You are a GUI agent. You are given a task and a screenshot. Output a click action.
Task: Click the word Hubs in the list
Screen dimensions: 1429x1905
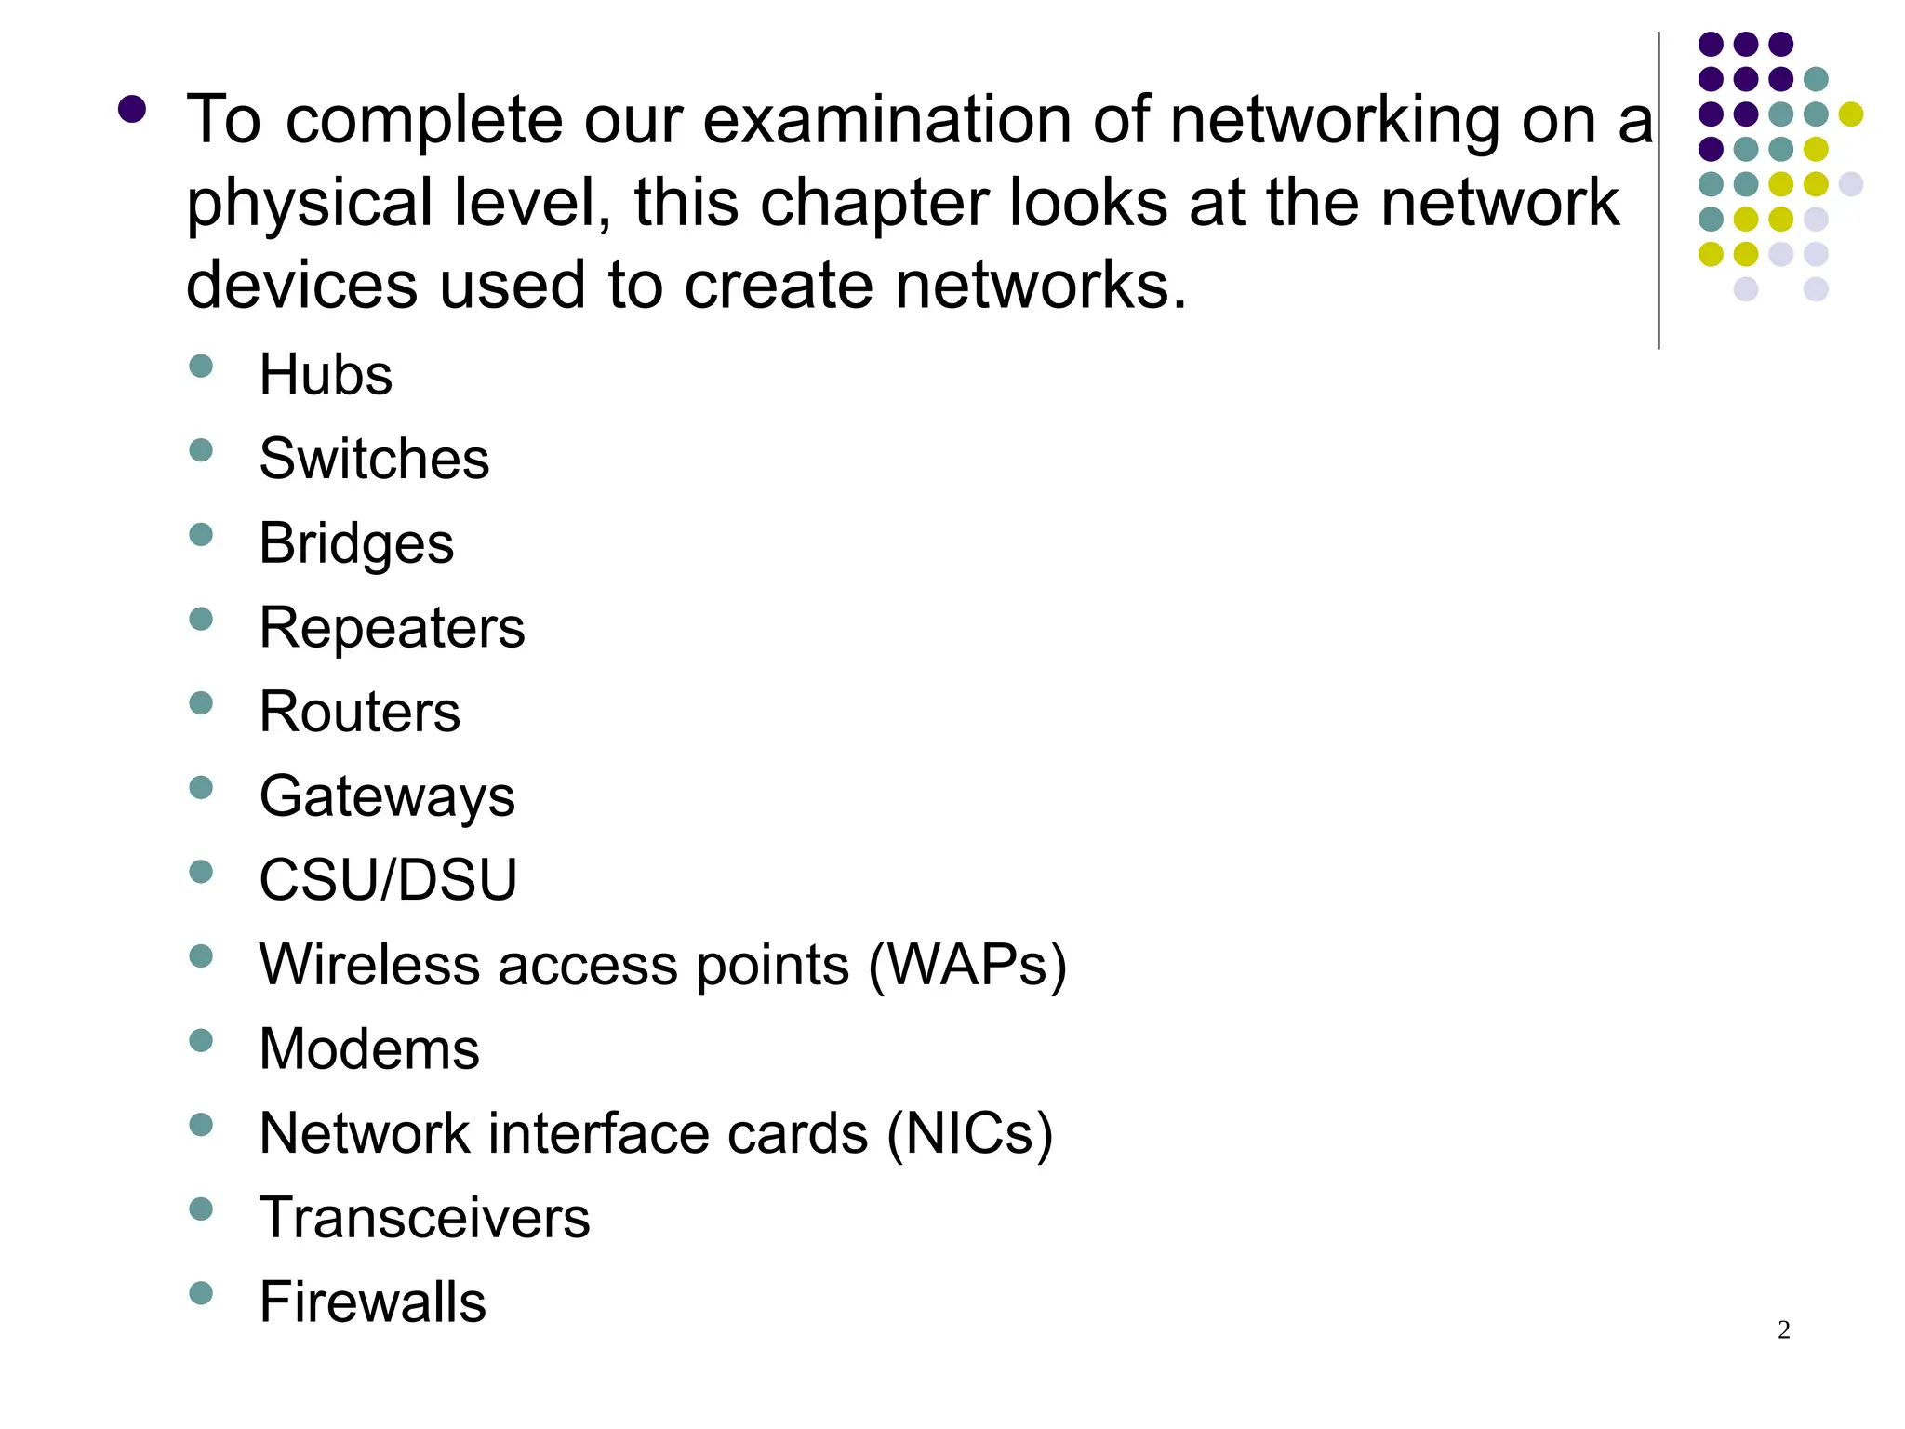coord(326,375)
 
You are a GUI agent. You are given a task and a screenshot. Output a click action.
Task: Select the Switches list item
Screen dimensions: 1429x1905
coord(374,459)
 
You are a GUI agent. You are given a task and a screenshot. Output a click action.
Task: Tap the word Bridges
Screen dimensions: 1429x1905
coord(356,543)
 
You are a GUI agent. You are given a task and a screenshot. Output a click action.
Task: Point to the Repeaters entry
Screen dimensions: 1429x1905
coord(392,628)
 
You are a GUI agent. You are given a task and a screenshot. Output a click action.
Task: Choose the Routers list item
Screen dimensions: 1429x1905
coord(359,712)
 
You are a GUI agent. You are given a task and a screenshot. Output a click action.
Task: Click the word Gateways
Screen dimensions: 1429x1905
coord(387,796)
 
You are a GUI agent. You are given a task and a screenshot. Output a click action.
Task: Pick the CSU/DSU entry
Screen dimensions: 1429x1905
coord(388,880)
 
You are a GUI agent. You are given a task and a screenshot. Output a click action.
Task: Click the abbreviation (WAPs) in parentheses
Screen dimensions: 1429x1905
coord(967,965)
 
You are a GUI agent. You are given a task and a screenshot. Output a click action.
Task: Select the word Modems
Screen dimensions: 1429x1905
coord(369,1049)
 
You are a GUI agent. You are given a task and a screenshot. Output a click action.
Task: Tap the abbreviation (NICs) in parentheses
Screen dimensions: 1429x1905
coord(969,1134)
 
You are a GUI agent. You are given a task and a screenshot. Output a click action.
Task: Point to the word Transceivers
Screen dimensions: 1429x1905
coord(424,1218)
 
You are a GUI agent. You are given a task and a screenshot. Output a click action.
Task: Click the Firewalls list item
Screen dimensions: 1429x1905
coord(372,1302)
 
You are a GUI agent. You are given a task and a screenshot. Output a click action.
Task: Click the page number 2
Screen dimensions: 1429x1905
coord(1783,1330)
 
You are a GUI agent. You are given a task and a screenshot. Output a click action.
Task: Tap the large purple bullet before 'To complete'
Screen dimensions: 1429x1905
coord(132,110)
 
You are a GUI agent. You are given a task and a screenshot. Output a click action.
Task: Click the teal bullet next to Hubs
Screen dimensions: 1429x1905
coord(201,366)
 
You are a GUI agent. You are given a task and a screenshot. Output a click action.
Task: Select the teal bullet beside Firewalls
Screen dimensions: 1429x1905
coord(201,1293)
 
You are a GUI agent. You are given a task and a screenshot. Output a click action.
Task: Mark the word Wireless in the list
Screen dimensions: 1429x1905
coord(369,965)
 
